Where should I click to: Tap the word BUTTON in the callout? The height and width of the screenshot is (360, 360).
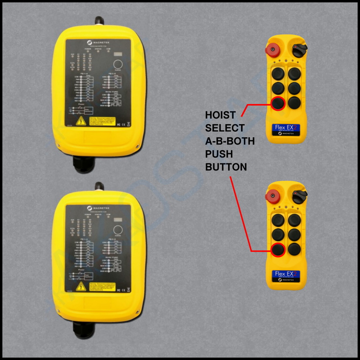tap(226, 167)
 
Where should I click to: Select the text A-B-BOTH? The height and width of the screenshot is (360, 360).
tap(230, 141)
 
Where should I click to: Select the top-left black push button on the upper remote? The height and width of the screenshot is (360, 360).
tap(279, 72)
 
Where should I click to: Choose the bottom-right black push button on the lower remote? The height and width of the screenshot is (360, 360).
tap(295, 249)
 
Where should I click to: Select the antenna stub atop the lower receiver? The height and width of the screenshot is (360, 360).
tap(97, 187)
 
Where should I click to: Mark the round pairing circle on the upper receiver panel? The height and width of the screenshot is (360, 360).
tap(119, 64)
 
